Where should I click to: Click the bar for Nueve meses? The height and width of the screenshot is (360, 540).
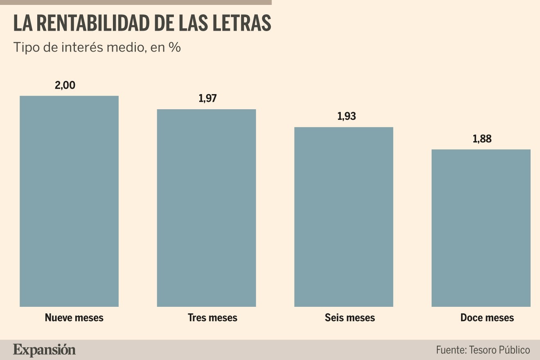[69, 201]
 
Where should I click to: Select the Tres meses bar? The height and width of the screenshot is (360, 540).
[206, 208]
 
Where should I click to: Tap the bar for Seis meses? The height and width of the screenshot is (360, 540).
[344, 217]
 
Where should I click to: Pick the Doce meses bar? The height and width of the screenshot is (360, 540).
[481, 228]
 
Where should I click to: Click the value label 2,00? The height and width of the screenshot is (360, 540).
[65, 85]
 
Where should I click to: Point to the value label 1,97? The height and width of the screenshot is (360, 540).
[207, 98]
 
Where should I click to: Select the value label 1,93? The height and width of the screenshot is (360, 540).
[346, 116]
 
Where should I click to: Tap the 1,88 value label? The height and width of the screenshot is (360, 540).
[482, 139]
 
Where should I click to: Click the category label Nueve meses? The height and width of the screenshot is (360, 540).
[74, 317]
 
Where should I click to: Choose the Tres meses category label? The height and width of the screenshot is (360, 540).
[212, 317]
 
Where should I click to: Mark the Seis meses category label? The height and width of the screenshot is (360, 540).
[350, 317]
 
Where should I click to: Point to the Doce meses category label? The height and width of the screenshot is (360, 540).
[487, 317]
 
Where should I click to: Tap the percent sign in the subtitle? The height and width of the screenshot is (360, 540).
[175, 47]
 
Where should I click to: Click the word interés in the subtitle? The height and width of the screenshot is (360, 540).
[83, 47]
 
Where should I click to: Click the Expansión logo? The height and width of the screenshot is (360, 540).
[44, 350]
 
